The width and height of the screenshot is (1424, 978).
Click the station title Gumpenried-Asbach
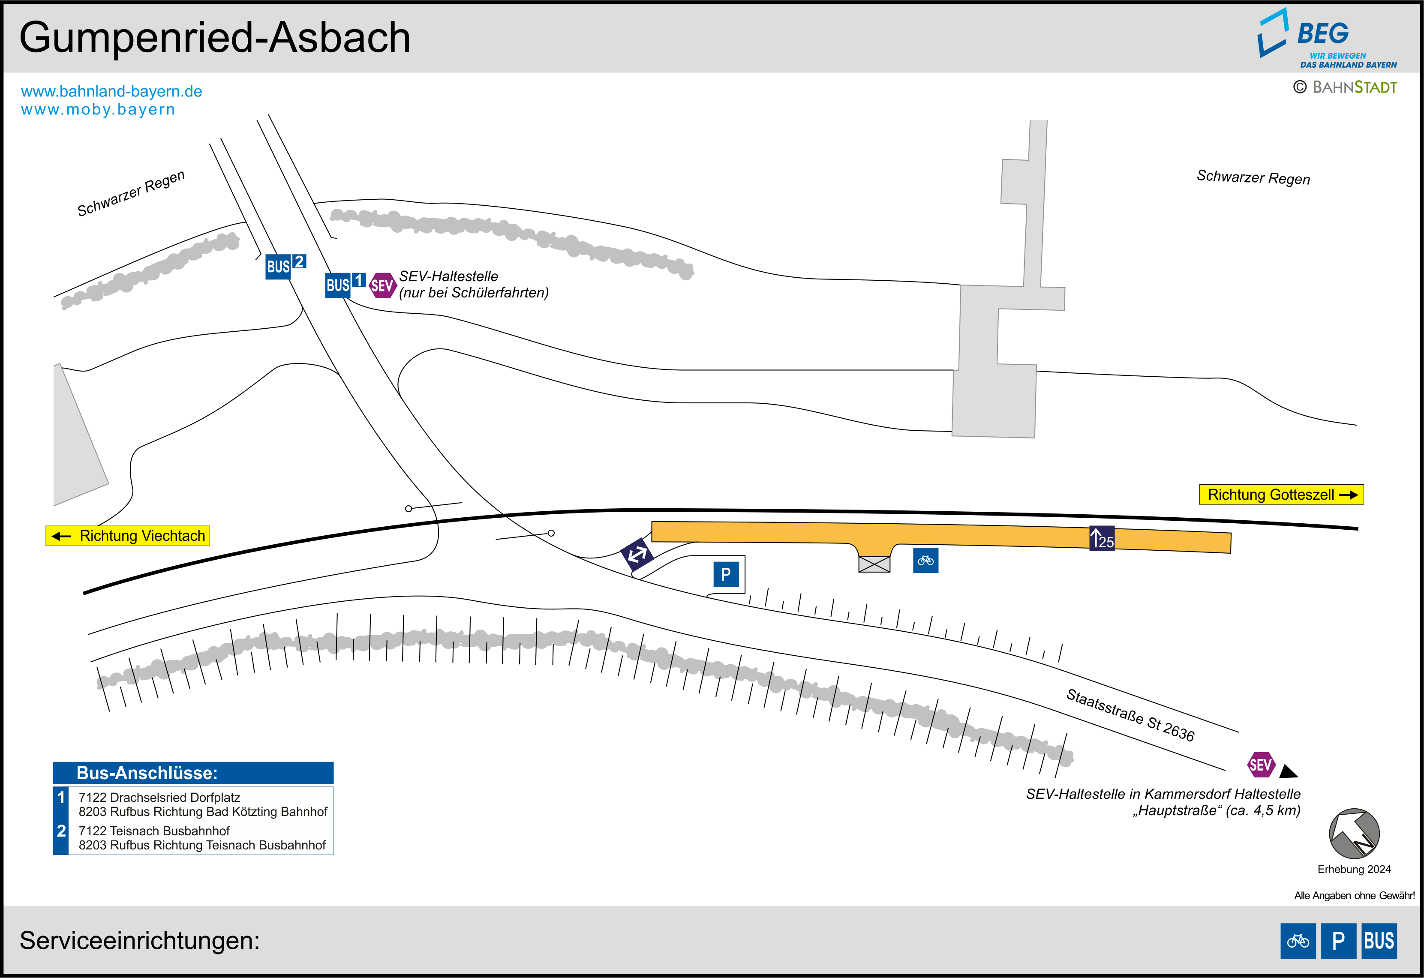(214, 38)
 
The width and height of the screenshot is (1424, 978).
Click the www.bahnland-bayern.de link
(111, 91)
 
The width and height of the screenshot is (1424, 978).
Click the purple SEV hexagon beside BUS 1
(382, 285)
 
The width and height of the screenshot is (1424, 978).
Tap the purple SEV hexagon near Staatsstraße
(1261, 765)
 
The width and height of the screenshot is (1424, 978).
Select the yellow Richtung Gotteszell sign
(1281, 495)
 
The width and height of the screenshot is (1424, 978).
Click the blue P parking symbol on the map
(726, 575)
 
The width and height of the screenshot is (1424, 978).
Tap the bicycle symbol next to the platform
(925, 560)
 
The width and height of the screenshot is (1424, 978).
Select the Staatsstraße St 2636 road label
(1130, 714)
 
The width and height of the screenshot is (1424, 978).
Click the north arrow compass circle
(1354, 834)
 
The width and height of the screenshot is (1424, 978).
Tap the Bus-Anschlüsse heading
(147, 773)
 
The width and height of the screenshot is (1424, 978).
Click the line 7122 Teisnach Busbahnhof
(154, 831)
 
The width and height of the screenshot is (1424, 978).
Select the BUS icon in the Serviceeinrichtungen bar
(1379, 941)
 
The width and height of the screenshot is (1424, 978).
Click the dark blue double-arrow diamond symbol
(637, 555)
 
